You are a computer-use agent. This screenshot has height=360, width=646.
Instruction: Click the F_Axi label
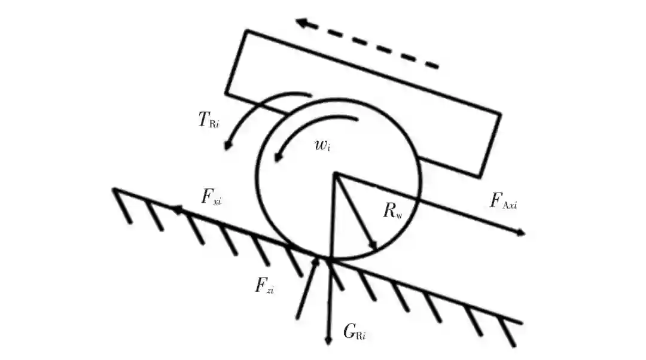point(503,200)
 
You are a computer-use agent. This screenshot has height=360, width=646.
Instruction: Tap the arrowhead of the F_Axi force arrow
point(522,233)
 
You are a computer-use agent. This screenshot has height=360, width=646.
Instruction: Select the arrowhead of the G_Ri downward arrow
point(328,341)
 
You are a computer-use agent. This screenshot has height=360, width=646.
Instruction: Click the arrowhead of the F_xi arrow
point(175,209)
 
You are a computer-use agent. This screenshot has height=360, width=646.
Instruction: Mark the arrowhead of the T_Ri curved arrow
point(227,147)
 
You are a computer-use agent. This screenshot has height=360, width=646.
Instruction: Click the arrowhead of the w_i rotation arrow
point(276,158)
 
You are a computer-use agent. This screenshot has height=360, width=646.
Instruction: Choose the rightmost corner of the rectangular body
point(500,114)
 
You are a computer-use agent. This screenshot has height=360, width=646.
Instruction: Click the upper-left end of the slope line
point(114,189)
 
